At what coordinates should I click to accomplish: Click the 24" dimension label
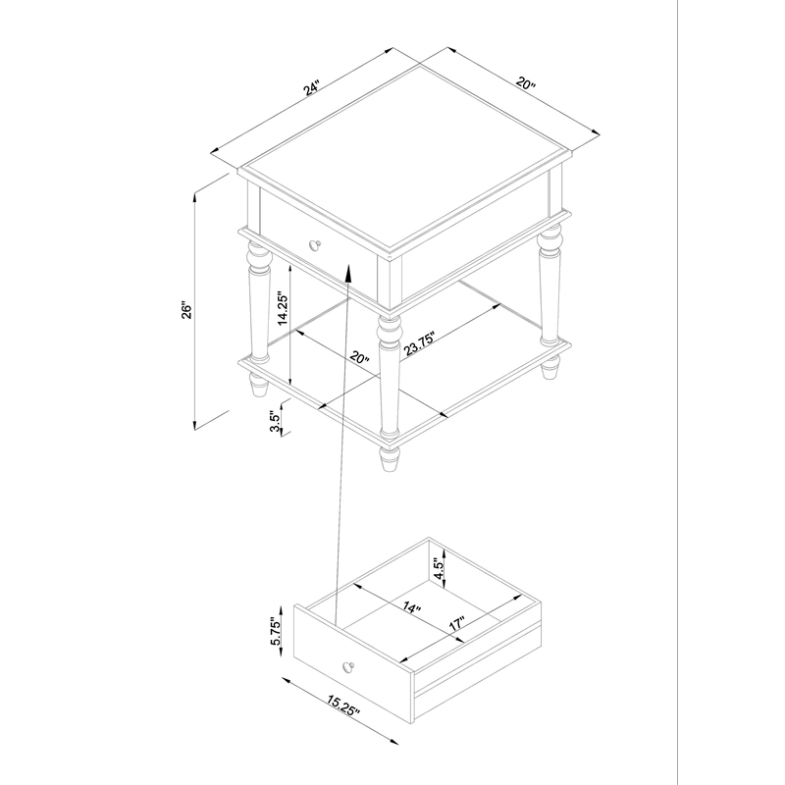tap(311, 88)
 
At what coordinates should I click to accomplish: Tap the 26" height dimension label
tap(186, 310)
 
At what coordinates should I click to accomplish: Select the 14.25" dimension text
tap(283, 309)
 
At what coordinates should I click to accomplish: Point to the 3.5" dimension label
tap(274, 423)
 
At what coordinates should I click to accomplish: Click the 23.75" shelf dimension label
tap(420, 342)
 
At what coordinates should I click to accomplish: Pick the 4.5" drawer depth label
tap(439, 569)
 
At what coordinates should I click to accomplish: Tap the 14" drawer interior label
tap(411, 607)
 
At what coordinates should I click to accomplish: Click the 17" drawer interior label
tap(456, 624)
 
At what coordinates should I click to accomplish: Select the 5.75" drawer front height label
tap(276, 631)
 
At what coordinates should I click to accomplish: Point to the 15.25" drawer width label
tap(343, 706)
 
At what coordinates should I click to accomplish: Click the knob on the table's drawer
tap(315, 244)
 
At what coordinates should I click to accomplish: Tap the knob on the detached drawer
tap(348, 667)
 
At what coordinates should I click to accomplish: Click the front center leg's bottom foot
tap(390, 459)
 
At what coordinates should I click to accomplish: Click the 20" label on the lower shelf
tap(359, 358)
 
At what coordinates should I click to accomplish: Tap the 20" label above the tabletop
tap(526, 83)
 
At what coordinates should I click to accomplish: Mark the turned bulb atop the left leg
tap(259, 257)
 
